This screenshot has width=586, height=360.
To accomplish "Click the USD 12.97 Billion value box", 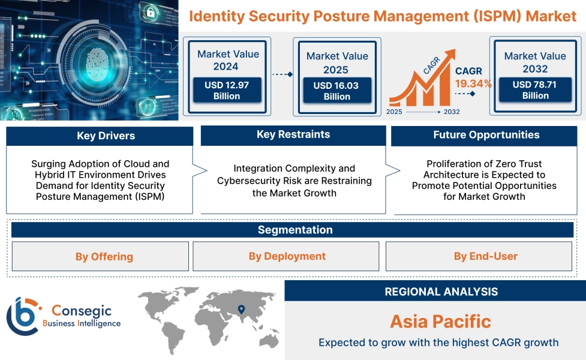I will point(227,91).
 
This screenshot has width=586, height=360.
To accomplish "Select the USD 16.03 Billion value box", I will point(336,91).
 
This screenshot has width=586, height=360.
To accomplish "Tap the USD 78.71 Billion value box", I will point(535,90).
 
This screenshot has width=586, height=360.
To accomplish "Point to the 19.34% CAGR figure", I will point(473,83).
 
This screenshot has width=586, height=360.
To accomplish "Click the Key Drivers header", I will point(100,136).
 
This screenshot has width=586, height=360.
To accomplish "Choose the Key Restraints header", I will point(293,135).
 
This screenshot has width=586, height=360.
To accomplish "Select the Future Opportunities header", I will point(486,135).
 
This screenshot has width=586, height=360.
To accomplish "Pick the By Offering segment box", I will point(100,257).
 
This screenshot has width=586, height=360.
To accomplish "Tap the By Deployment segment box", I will point(286,257).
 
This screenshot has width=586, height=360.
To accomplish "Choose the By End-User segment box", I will point(479,257).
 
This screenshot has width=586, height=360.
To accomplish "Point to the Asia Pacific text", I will point(440,321).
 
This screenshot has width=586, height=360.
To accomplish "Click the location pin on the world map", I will point(241,310).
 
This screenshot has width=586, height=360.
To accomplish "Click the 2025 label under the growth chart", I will point(394,112).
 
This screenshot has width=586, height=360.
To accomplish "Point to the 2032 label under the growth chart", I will point(452,112).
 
